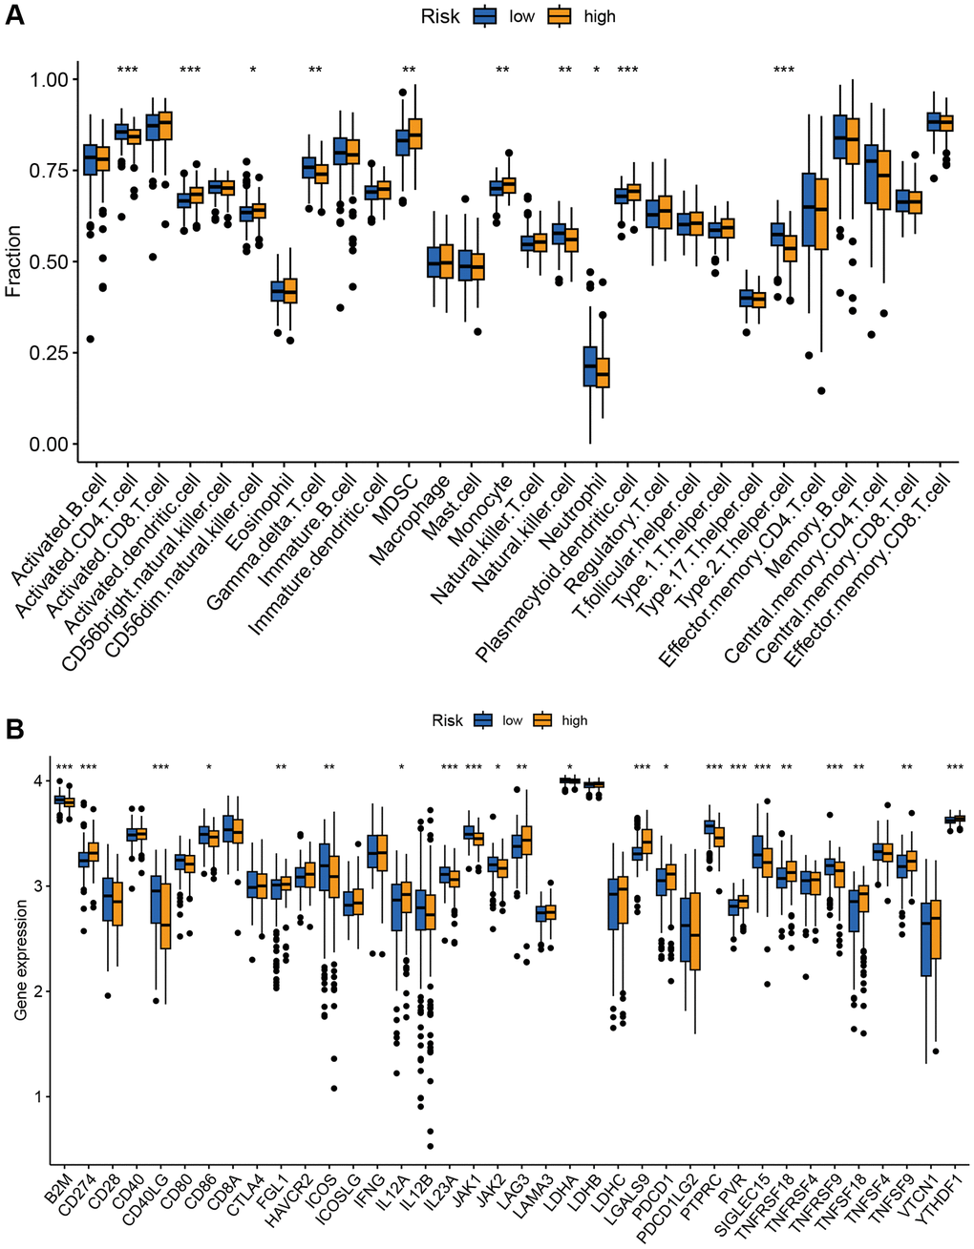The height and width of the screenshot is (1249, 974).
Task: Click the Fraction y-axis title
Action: coord(12,260)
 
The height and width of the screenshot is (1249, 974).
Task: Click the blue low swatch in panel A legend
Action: coord(489,16)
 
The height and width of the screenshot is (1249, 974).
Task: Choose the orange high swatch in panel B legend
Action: coord(543,720)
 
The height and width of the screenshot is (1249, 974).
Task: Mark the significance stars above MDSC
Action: coord(410,70)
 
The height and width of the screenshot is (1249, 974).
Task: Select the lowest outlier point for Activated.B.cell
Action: coord(90,339)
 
